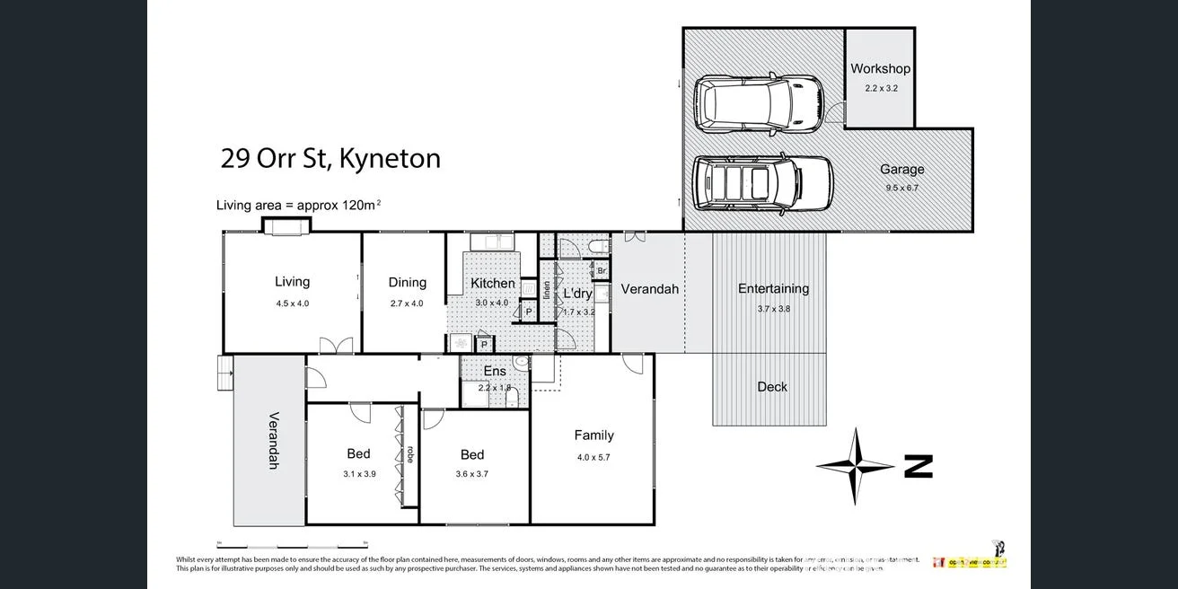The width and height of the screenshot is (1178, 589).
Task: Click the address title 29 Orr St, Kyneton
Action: pyautogui.click(x=330, y=159)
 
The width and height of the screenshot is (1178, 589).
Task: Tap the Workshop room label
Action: pyautogui.click(x=880, y=68)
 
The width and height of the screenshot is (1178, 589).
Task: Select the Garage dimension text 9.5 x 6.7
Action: pyautogui.click(x=901, y=189)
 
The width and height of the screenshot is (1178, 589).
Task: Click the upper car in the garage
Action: pyautogui.click(x=759, y=101)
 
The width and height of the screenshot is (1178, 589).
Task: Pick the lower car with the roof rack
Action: pyautogui.click(x=762, y=181)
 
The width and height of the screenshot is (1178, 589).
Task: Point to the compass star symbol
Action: pyautogui.click(x=855, y=466)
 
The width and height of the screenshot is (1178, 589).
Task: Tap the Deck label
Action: pyautogui.click(x=771, y=387)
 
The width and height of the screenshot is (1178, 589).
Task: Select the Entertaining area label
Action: pyautogui.click(x=773, y=288)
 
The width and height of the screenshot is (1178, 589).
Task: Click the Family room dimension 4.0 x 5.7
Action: pyautogui.click(x=593, y=457)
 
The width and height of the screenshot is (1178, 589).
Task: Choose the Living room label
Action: pyautogui.click(x=292, y=282)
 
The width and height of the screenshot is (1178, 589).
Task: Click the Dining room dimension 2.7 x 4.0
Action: pyautogui.click(x=407, y=303)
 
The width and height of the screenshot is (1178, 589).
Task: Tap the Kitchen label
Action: pyautogui.click(x=493, y=284)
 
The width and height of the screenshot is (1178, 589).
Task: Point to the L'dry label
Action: pyautogui.click(x=577, y=294)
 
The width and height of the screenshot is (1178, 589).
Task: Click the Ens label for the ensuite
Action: pyautogui.click(x=495, y=371)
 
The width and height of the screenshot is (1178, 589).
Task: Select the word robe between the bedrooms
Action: pyautogui.click(x=410, y=454)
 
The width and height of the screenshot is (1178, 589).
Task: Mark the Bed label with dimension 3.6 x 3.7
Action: pyautogui.click(x=472, y=454)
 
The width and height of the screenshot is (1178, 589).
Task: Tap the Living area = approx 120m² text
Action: pyautogui.click(x=298, y=205)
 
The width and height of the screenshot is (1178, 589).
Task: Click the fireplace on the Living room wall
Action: pyautogui.click(x=287, y=226)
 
